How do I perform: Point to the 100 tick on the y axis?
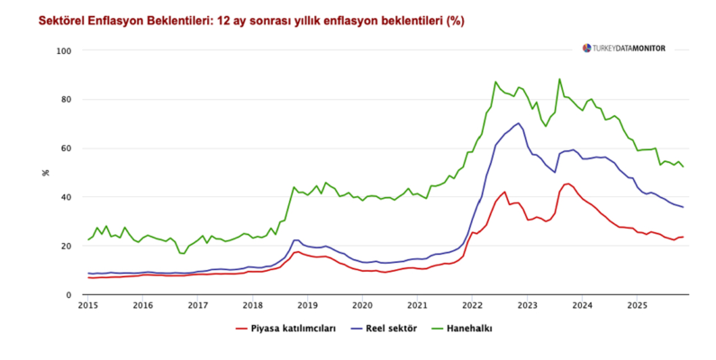(64, 51)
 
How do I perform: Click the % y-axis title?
(45, 171)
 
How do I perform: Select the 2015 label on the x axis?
(87, 307)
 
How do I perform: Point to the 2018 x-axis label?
(252, 307)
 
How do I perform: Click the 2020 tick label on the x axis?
(362, 307)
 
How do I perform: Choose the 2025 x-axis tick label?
(637, 307)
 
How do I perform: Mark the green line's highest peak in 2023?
(559, 79)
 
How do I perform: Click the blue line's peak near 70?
(519, 123)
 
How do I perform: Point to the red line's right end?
(684, 237)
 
